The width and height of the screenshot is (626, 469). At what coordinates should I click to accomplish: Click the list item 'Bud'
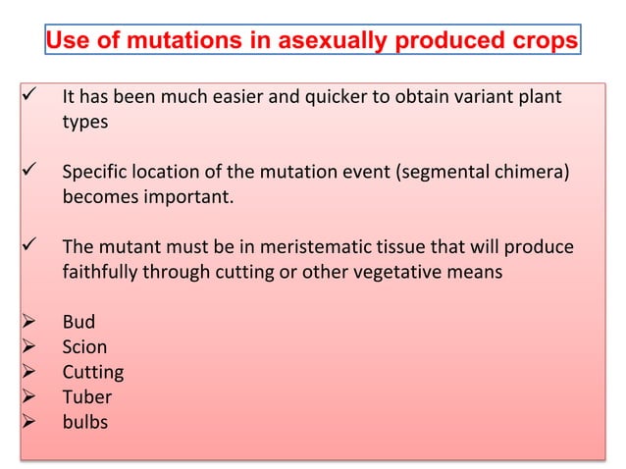pos(78,322)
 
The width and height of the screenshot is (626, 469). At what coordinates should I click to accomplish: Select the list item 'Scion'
pos(84,347)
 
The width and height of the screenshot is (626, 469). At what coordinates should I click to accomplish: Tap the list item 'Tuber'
pos(86,397)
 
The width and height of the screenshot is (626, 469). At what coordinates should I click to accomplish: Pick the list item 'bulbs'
pos(84,423)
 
